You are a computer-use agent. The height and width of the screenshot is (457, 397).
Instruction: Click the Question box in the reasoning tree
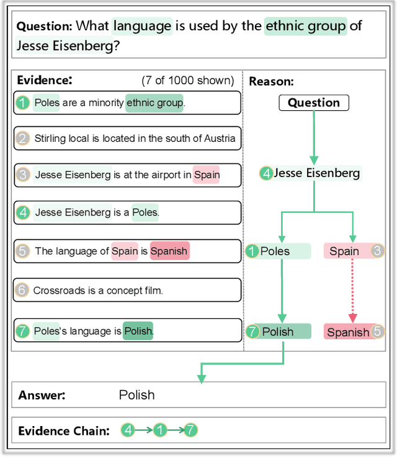coord(314,103)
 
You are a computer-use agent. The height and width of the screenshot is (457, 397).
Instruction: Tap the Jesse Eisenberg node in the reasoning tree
coord(316,173)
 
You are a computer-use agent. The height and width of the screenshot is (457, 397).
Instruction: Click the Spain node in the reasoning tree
coord(344,251)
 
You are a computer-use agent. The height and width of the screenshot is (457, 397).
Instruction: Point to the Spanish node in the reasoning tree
coord(348,332)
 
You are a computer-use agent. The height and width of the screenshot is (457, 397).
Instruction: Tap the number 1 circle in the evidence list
coord(23,103)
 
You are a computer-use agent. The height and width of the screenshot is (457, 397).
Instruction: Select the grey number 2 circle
coord(23,139)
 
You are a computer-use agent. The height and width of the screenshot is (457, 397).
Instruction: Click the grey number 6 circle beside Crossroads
coord(22,290)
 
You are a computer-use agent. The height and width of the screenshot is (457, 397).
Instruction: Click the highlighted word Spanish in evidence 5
coord(169,251)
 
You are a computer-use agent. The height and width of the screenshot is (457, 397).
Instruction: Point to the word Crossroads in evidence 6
coord(56,290)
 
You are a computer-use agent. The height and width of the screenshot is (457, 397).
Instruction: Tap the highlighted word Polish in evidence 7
coord(138,331)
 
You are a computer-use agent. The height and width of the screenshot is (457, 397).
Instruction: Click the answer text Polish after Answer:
coord(136,395)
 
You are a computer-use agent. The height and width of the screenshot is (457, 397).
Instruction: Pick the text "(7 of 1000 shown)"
coord(187,81)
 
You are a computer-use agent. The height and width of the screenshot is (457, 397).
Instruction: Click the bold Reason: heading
coord(271,82)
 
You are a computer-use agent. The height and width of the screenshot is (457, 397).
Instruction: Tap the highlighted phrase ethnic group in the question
coord(306,26)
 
